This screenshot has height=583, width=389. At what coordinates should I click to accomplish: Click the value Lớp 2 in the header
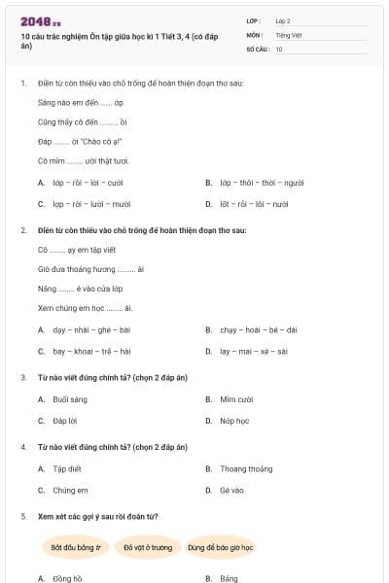click(282, 19)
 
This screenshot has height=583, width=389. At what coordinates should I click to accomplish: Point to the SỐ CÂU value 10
click(279, 48)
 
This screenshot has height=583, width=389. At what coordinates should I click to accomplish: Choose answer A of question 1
click(88, 182)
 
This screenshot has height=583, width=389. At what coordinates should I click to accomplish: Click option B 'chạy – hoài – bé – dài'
click(258, 329)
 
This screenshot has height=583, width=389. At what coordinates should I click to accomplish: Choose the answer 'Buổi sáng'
click(70, 398)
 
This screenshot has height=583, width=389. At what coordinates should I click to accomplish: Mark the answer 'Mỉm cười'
click(235, 398)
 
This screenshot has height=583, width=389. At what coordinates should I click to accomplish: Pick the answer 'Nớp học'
click(233, 421)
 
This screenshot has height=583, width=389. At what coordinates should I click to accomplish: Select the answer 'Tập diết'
click(67, 468)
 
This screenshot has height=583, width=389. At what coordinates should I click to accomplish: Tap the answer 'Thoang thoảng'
click(245, 468)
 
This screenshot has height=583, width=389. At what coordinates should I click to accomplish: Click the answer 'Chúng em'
click(70, 491)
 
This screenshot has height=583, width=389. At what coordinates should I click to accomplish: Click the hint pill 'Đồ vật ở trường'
click(148, 547)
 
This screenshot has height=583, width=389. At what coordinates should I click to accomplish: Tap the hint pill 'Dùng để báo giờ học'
click(221, 547)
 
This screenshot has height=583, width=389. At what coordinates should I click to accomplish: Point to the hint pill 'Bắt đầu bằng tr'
click(76, 547)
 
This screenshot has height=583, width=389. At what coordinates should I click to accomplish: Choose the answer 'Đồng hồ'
click(67, 578)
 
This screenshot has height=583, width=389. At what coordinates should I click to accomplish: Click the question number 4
click(23, 447)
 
